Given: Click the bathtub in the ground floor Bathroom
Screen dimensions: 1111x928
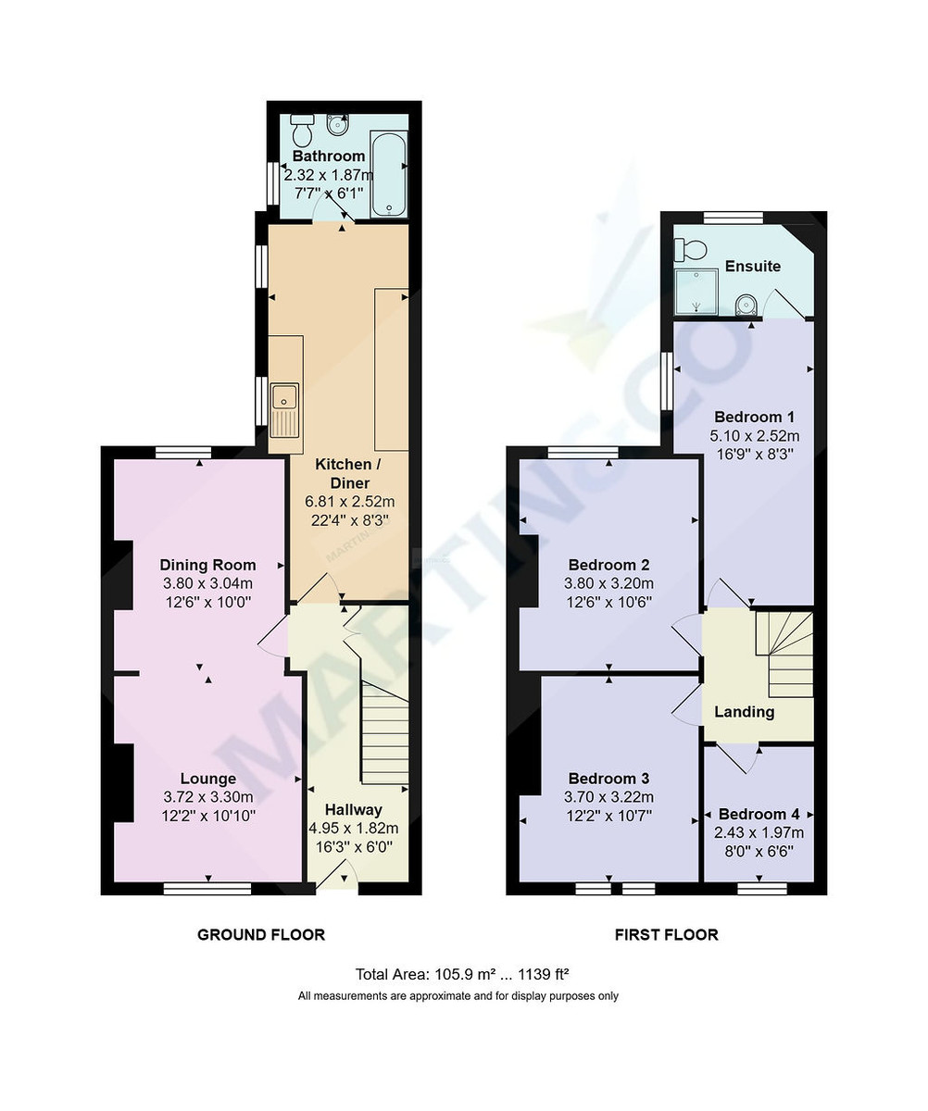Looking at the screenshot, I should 388,173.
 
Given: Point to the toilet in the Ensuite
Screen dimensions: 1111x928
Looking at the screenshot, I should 690,248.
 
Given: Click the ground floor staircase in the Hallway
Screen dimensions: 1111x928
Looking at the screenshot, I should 384,731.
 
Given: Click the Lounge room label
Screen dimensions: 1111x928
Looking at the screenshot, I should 208,779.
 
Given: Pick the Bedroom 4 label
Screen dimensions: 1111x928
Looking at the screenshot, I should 759,814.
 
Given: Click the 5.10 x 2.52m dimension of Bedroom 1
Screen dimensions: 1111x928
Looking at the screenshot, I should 754,435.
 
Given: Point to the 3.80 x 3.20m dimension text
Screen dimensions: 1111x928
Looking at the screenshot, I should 608,583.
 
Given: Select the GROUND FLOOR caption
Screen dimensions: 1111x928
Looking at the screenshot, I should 261,934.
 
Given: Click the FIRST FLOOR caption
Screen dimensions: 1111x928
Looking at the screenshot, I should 666,934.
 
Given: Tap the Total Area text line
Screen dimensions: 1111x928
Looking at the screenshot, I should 462,974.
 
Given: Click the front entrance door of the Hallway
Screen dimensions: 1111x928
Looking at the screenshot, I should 337,875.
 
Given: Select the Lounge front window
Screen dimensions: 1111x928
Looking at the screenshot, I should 207,889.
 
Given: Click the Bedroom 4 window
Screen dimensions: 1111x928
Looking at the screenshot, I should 762,889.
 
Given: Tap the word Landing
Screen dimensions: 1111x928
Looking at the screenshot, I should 744,712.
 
